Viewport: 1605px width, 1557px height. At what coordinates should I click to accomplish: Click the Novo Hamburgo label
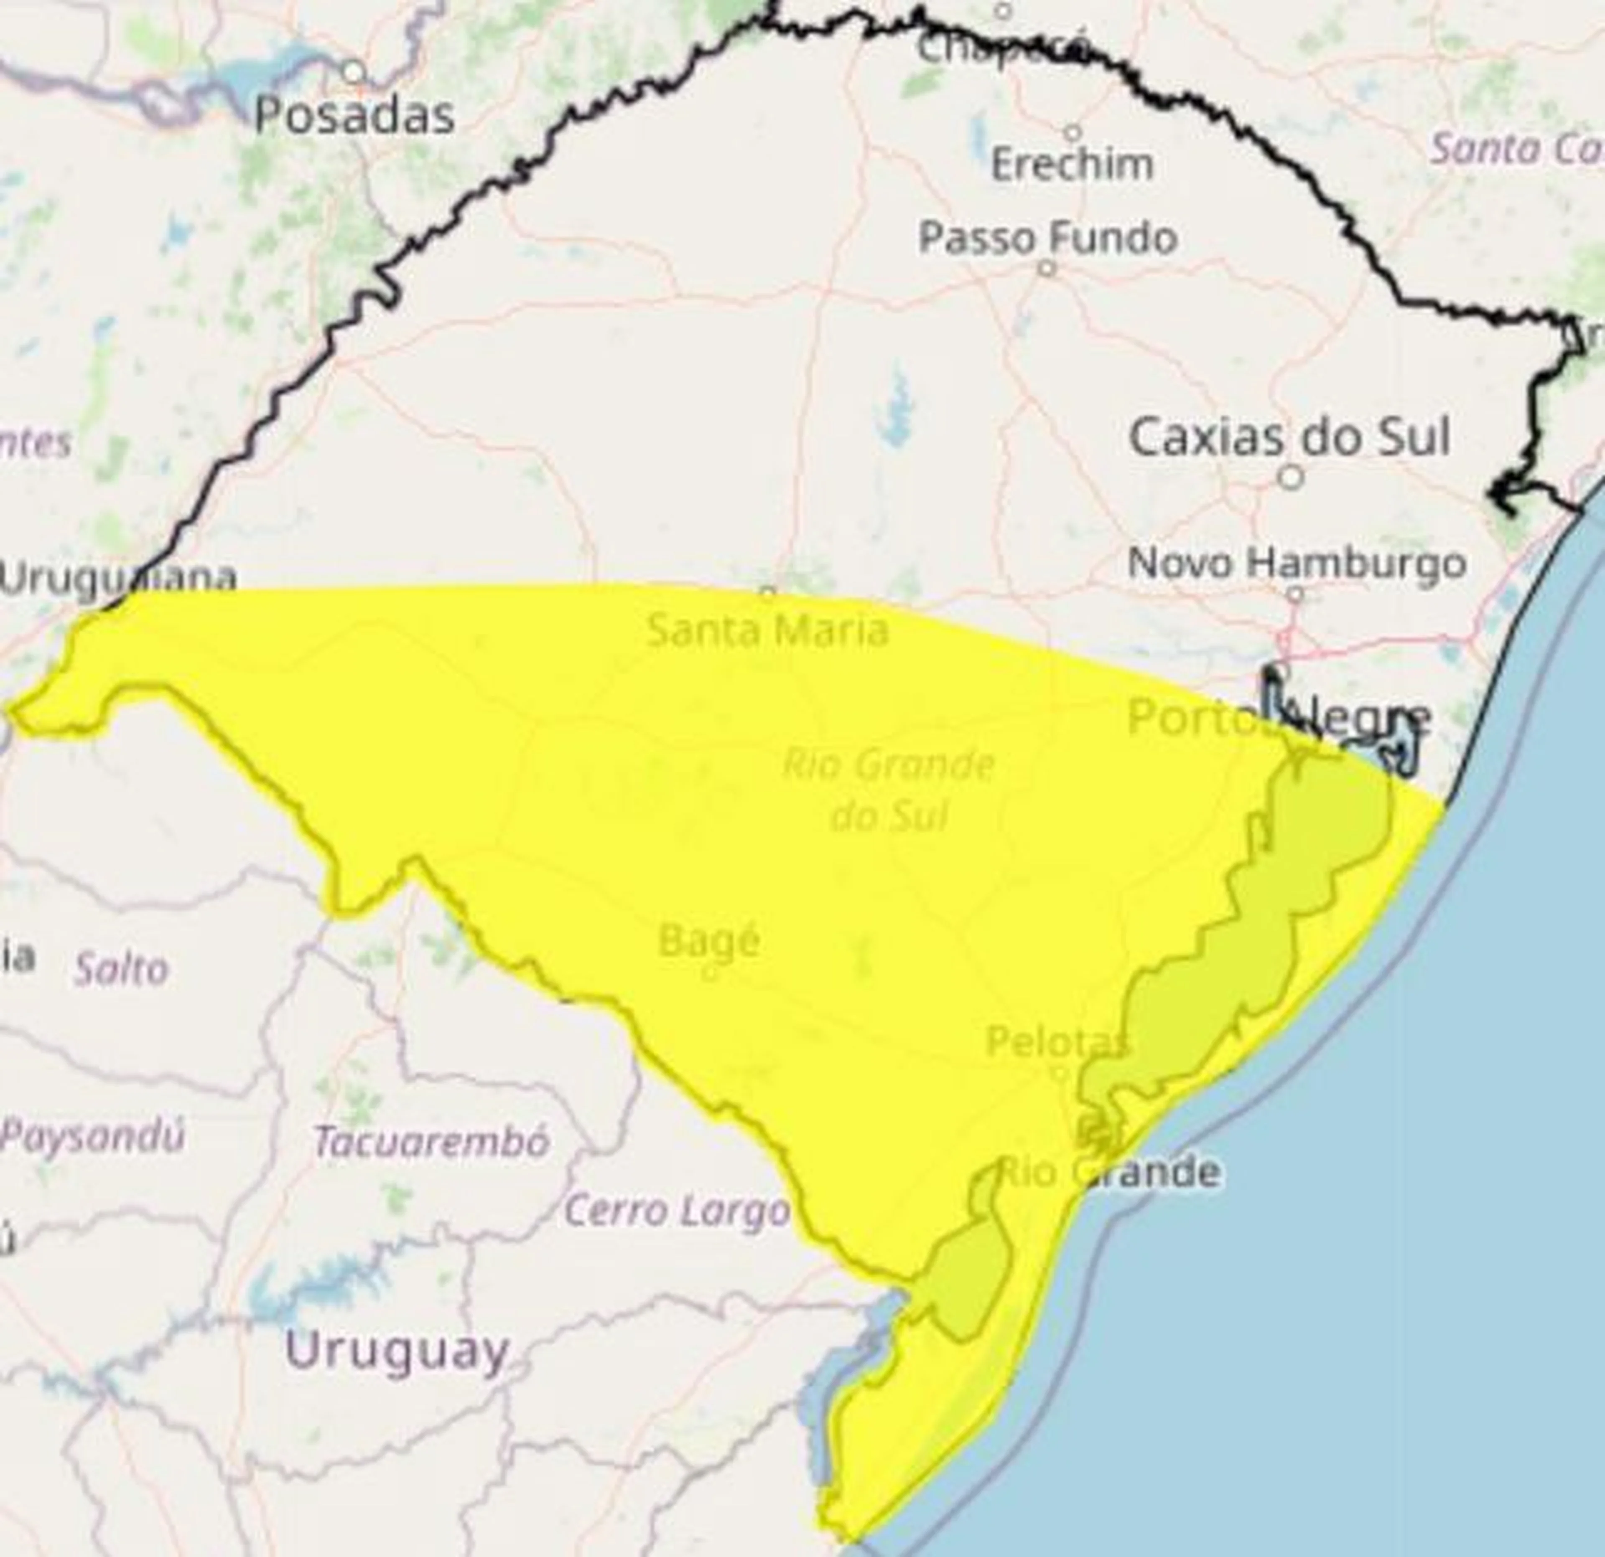1296,563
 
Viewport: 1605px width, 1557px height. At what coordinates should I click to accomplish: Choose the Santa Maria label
767,630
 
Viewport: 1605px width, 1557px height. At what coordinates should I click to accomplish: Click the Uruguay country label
397,1351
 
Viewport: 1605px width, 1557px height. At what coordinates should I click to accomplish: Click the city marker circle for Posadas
354,72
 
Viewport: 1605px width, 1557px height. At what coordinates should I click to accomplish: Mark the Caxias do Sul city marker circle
1292,476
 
